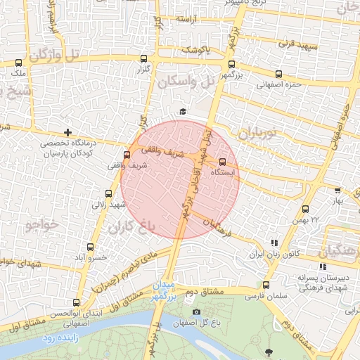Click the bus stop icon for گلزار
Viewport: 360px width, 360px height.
point(144,59)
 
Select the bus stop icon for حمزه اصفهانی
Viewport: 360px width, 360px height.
point(279,75)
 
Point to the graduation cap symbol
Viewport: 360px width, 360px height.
point(183,112)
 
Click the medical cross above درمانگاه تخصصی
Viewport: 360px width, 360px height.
point(67,132)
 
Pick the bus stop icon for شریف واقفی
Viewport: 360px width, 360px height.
point(127,155)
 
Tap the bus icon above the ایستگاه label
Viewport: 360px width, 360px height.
point(224,160)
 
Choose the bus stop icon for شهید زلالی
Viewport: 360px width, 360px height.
point(108,193)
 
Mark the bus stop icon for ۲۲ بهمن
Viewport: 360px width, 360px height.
point(304,209)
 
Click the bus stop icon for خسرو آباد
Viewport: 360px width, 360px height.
point(90,247)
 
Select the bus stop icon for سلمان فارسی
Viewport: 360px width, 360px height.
point(265,285)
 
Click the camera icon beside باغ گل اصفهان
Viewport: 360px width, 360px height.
point(196,311)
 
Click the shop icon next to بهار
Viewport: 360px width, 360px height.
point(337,190)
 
